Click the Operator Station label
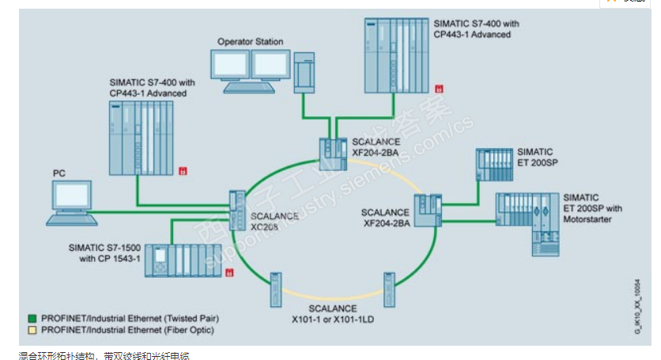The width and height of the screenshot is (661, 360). [x=250, y=42]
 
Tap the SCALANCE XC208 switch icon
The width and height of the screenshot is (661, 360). [x=236, y=210]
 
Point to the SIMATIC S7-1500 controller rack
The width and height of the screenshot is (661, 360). [x=183, y=260]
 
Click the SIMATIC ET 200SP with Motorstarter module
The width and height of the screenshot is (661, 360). [x=528, y=221]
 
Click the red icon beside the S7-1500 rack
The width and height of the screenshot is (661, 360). [x=229, y=273]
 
